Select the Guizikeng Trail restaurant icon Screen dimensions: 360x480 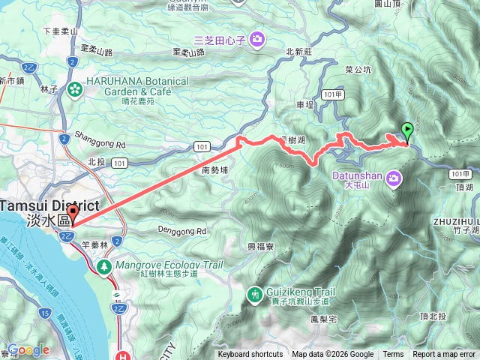point(253,295)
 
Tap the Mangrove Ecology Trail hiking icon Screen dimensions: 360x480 point(103,265)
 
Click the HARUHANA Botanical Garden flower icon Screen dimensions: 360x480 point(74,91)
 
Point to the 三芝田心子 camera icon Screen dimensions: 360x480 point(256,38)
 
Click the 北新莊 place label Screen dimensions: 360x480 point(298,52)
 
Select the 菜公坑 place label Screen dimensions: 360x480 point(358,70)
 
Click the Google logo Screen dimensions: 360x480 point(28,350)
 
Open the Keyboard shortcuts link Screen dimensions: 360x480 point(250,355)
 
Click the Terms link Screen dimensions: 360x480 point(393,355)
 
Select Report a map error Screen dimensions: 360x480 point(444,355)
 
